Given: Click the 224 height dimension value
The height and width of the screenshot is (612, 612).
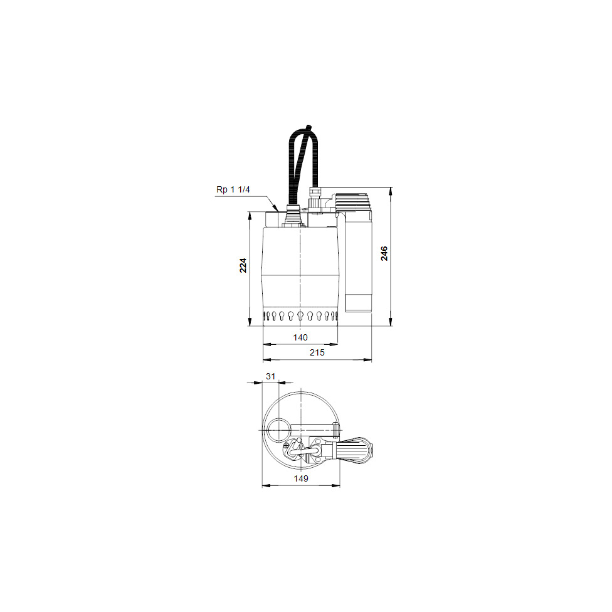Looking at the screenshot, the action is click(x=243, y=265).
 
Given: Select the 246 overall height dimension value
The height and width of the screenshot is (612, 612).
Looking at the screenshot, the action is click(x=384, y=253).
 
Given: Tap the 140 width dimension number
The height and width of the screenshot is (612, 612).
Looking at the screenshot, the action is click(x=300, y=337).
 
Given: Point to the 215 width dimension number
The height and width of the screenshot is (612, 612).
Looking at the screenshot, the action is click(x=317, y=352).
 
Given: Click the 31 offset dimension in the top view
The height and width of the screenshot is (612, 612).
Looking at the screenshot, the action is click(x=270, y=376).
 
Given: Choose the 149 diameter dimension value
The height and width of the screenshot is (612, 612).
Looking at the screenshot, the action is click(x=301, y=478).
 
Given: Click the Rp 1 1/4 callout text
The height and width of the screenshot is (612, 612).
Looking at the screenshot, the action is click(x=233, y=190).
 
